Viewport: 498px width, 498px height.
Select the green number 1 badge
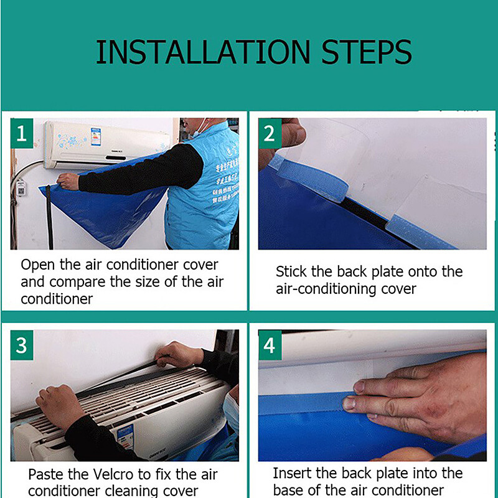(21, 133)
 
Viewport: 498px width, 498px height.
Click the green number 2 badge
(269, 133)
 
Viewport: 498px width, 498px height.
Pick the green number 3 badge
(21, 345)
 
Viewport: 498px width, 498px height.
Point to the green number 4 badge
(269, 345)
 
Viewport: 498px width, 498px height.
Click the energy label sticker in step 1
(95, 136)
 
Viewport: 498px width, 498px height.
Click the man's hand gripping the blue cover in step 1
(68, 181)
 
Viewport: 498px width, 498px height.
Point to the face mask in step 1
(200, 129)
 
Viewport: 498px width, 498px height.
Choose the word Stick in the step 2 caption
(291, 272)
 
